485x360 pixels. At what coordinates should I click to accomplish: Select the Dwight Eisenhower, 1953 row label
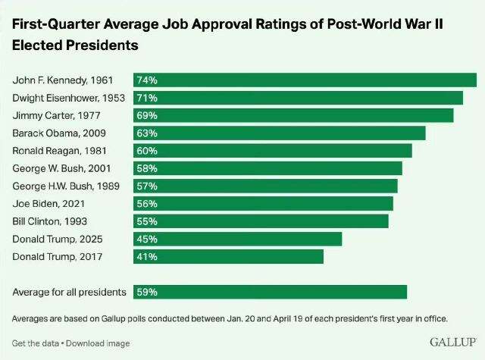coord(69,98)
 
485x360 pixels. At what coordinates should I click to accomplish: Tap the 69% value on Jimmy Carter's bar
coord(146,115)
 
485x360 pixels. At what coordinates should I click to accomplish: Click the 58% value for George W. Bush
coord(146,168)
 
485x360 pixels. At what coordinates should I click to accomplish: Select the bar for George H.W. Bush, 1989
coord(265,186)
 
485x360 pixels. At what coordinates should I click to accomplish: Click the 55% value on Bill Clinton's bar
coord(146,221)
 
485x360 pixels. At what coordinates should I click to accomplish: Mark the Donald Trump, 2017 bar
coord(228,257)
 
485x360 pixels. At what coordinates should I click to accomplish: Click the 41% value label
coord(146,257)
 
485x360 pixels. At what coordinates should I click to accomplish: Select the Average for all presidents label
coord(69,292)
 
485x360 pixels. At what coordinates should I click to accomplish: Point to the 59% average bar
coord(270,292)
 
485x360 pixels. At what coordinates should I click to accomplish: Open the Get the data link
coord(35,343)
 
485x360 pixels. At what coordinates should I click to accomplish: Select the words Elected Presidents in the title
coord(75,45)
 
